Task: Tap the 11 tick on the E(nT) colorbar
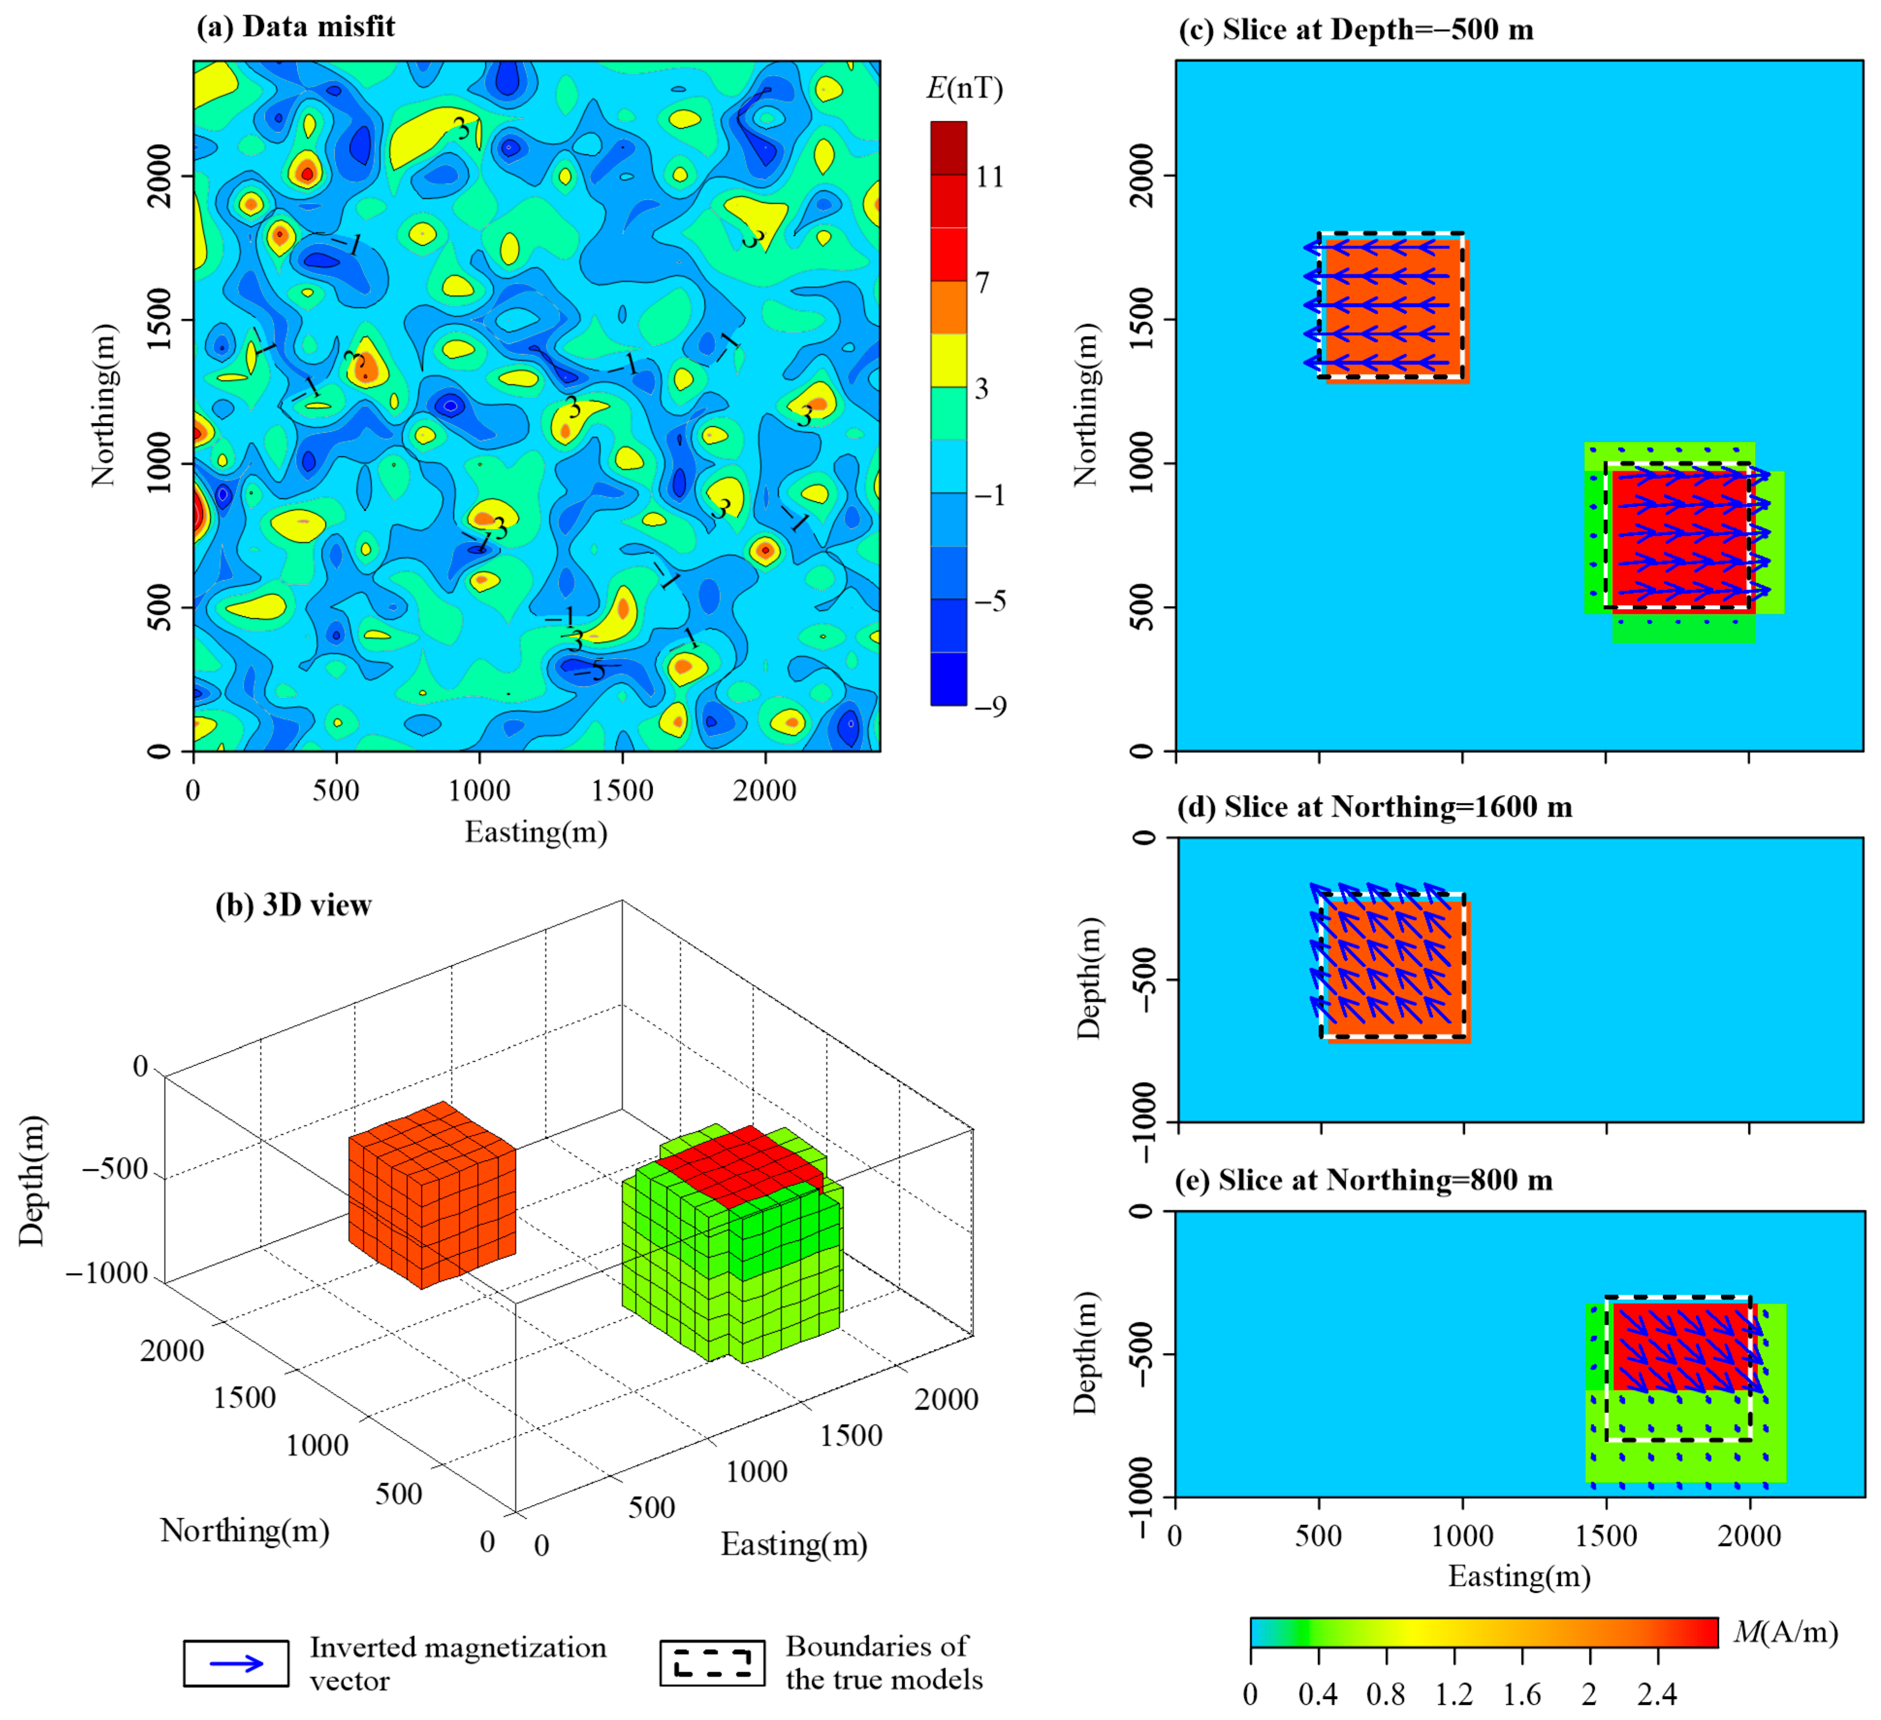(x=989, y=176)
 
